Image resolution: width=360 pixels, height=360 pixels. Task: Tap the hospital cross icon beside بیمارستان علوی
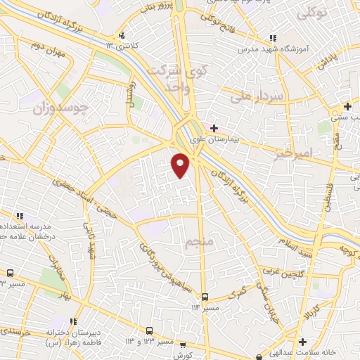(214, 128)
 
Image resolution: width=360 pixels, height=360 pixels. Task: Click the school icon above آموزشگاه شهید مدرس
(272, 39)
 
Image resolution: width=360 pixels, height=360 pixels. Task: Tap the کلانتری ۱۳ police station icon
(122, 35)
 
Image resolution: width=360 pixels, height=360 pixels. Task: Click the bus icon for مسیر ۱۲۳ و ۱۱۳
(149, 330)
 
